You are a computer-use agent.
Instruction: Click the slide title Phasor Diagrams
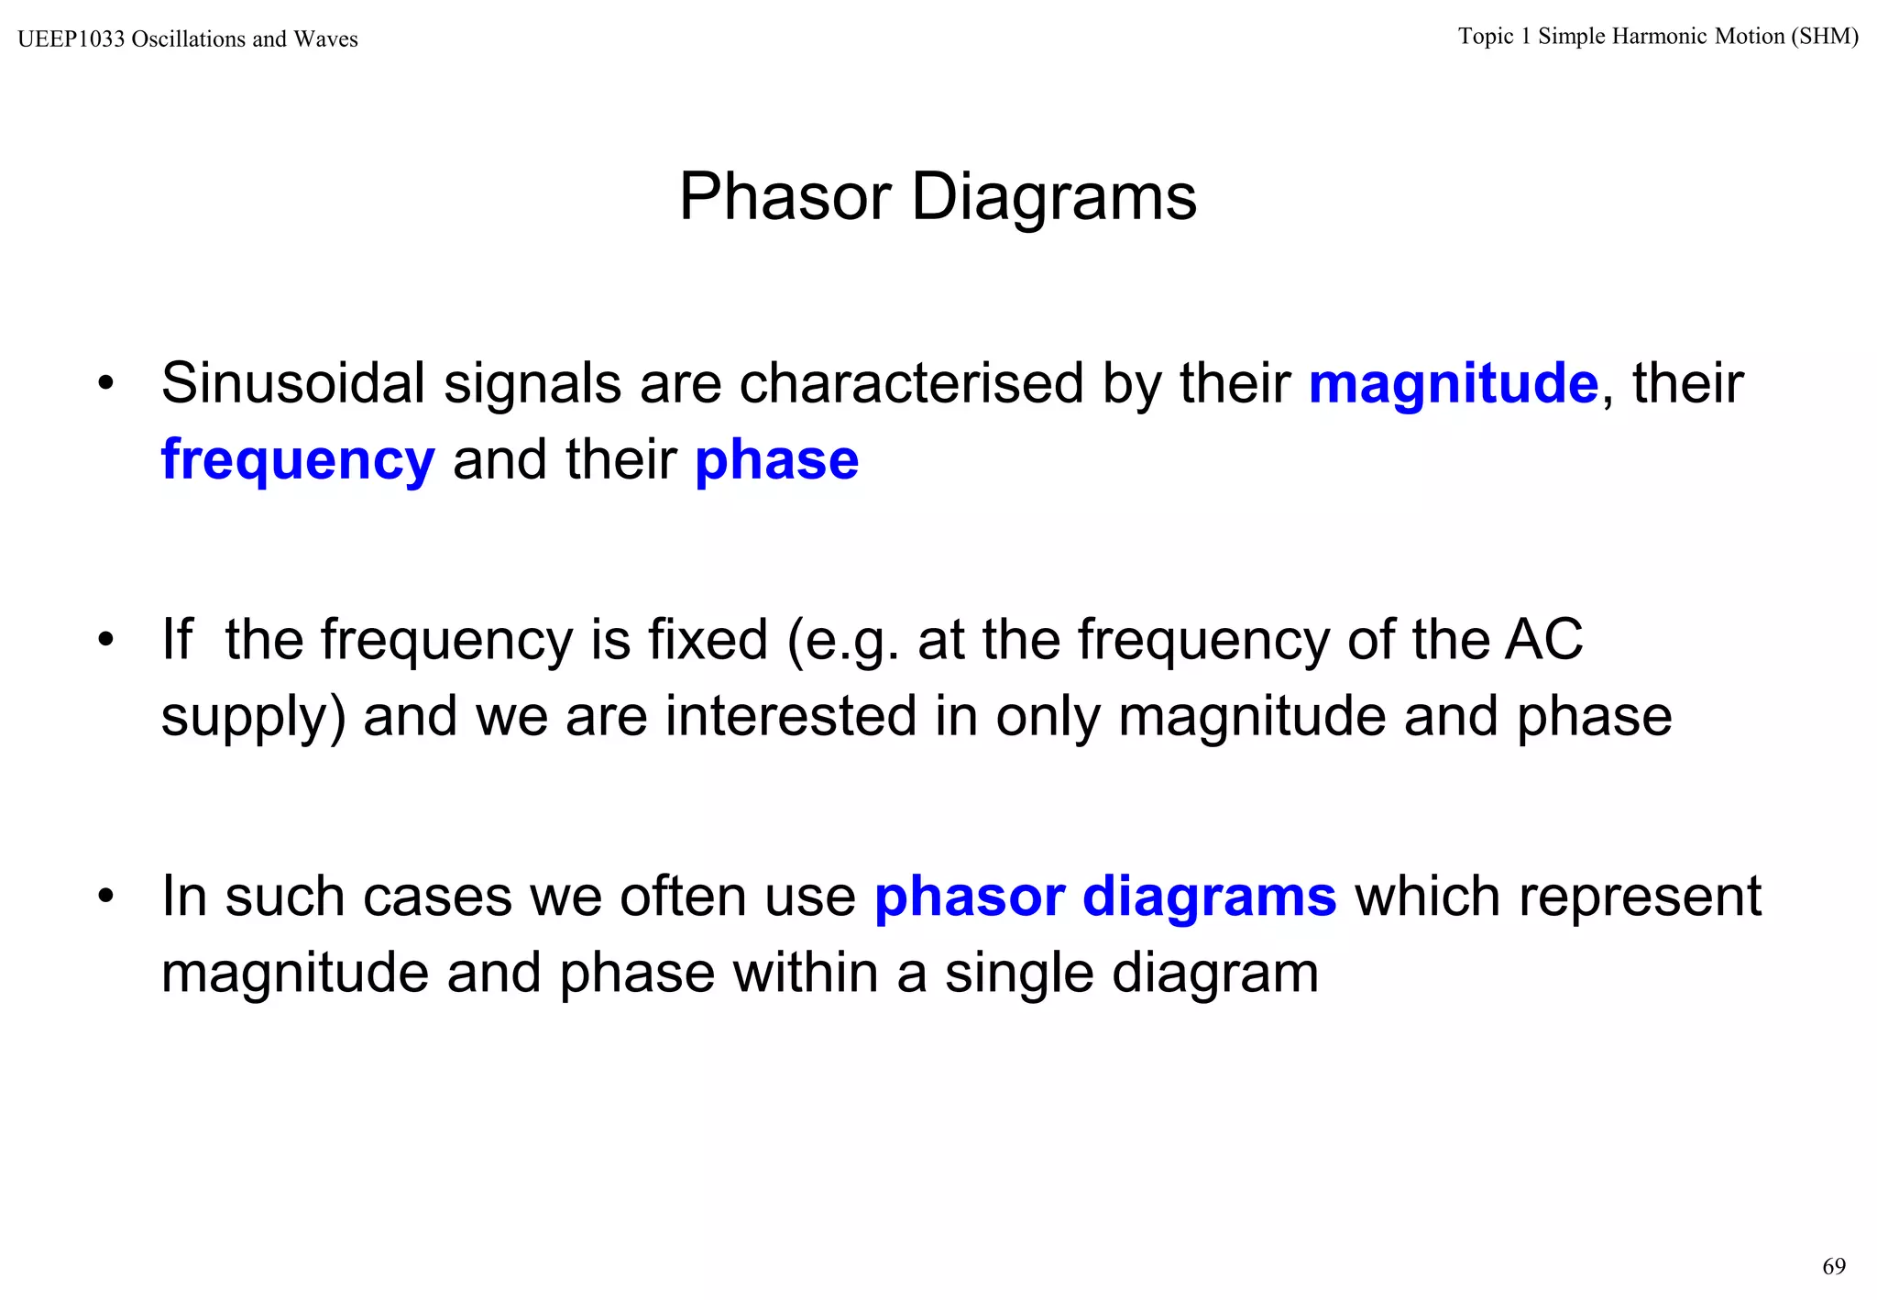click(938, 197)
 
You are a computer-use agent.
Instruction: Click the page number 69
click(1833, 1267)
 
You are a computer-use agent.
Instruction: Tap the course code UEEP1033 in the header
click(71, 39)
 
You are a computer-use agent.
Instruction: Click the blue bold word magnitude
click(1453, 383)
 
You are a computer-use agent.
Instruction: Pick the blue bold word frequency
click(298, 460)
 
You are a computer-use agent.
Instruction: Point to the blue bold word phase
click(776, 460)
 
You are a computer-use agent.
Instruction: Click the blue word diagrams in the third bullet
click(1209, 897)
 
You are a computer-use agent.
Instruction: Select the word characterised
click(911, 383)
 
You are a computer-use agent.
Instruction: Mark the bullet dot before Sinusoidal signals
click(106, 384)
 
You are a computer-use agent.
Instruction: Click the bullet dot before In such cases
click(106, 897)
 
